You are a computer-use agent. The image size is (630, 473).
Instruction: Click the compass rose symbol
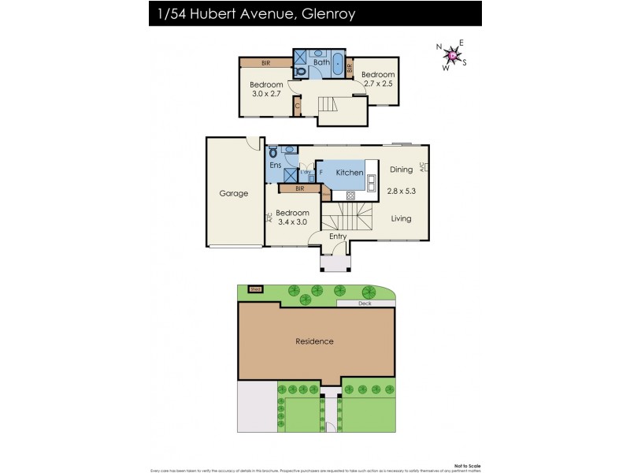(x=451, y=54)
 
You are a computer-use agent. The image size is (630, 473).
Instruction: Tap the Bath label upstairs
(x=321, y=61)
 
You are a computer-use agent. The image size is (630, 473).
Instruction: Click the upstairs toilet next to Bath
(x=301, y=70)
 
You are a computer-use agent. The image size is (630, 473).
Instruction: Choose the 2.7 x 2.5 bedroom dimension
(x=377, y=84)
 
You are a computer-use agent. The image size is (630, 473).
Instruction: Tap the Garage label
(x=233, y=193)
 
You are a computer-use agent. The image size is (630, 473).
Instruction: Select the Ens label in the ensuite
(x=275, y=166)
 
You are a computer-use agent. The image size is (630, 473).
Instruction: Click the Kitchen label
(x=349, y=173)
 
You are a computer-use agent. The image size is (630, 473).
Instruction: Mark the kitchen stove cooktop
(x=350, y=195)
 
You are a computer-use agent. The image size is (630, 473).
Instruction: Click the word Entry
(x=338, y=236)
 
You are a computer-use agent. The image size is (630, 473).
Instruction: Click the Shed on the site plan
(x=254, y=289)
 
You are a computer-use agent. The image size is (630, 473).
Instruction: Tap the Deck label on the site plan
(x=365, y=303)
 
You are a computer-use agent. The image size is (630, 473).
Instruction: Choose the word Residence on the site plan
(x=314, y=341)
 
